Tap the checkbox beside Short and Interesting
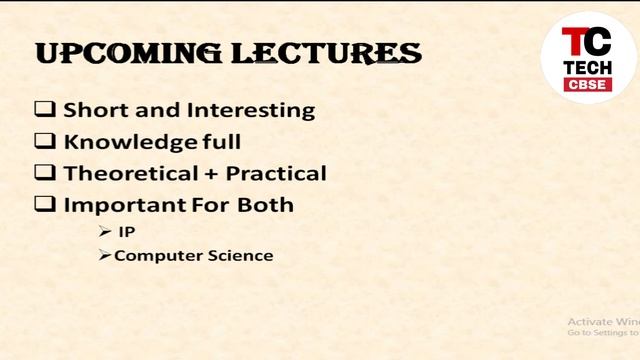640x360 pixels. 45,110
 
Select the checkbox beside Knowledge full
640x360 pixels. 45,141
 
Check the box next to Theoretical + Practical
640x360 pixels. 45,173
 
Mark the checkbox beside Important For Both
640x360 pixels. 45,205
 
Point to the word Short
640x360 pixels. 92,110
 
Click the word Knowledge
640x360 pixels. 125,142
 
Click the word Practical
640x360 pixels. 276,173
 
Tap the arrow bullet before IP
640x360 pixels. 105,232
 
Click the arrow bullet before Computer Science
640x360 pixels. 105,256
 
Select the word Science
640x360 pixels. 239,256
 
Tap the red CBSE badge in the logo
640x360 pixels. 587,84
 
